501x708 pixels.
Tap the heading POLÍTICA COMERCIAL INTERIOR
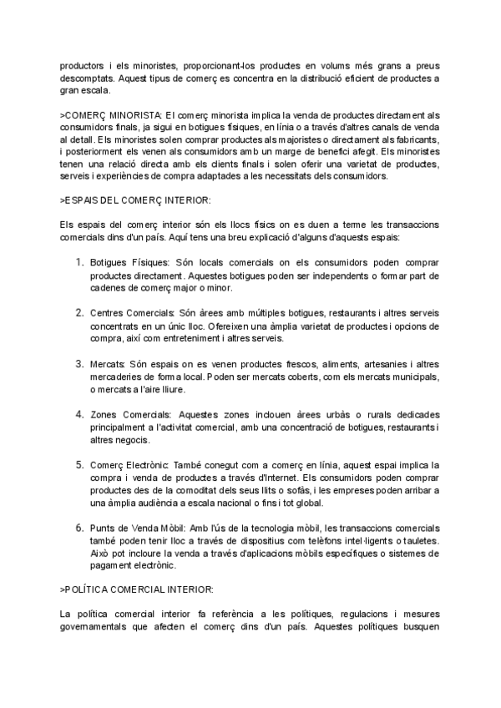click(x=130, y=589)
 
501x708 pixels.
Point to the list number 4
click(x=79, y=413)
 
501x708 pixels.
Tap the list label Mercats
click(x=107, y=363)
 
